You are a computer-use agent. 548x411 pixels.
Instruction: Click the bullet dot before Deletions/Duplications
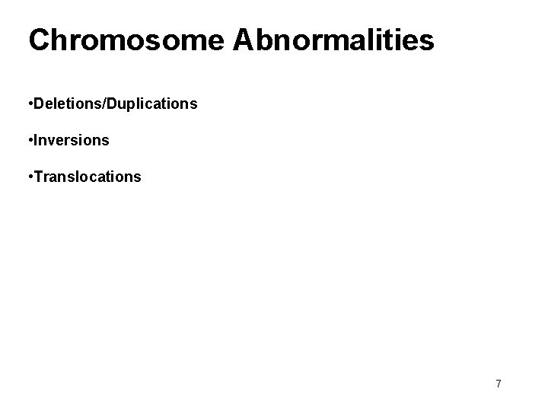[28, 104]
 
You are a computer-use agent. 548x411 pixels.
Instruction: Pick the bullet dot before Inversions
[28, 141]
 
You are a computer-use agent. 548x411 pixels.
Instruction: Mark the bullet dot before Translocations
[28, 177]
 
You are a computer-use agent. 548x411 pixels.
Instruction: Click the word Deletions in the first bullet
[62, 104]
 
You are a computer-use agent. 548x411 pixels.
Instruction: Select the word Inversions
[71, 141]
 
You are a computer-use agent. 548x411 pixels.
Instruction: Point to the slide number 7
[499, 384]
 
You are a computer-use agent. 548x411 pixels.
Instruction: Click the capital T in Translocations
[37, 177]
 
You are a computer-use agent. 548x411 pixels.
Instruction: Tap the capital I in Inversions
[34, 141]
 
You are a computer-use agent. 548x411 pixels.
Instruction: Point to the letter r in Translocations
[43, 178]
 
